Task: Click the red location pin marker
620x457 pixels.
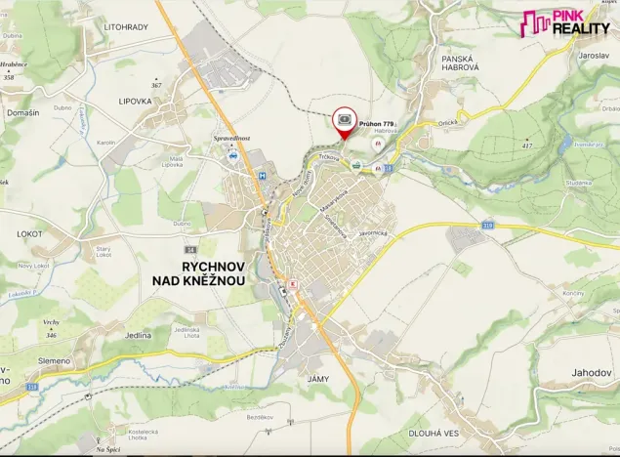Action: (x=345, y=122)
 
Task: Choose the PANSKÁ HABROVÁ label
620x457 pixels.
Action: (x=455, y=65)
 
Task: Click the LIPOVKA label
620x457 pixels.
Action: (x=137, y=101)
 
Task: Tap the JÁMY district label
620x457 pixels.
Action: (x=316, y=378)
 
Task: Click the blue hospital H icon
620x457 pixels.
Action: (x=263, y=176)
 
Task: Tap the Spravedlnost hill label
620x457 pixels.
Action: (x=231, y=139)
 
